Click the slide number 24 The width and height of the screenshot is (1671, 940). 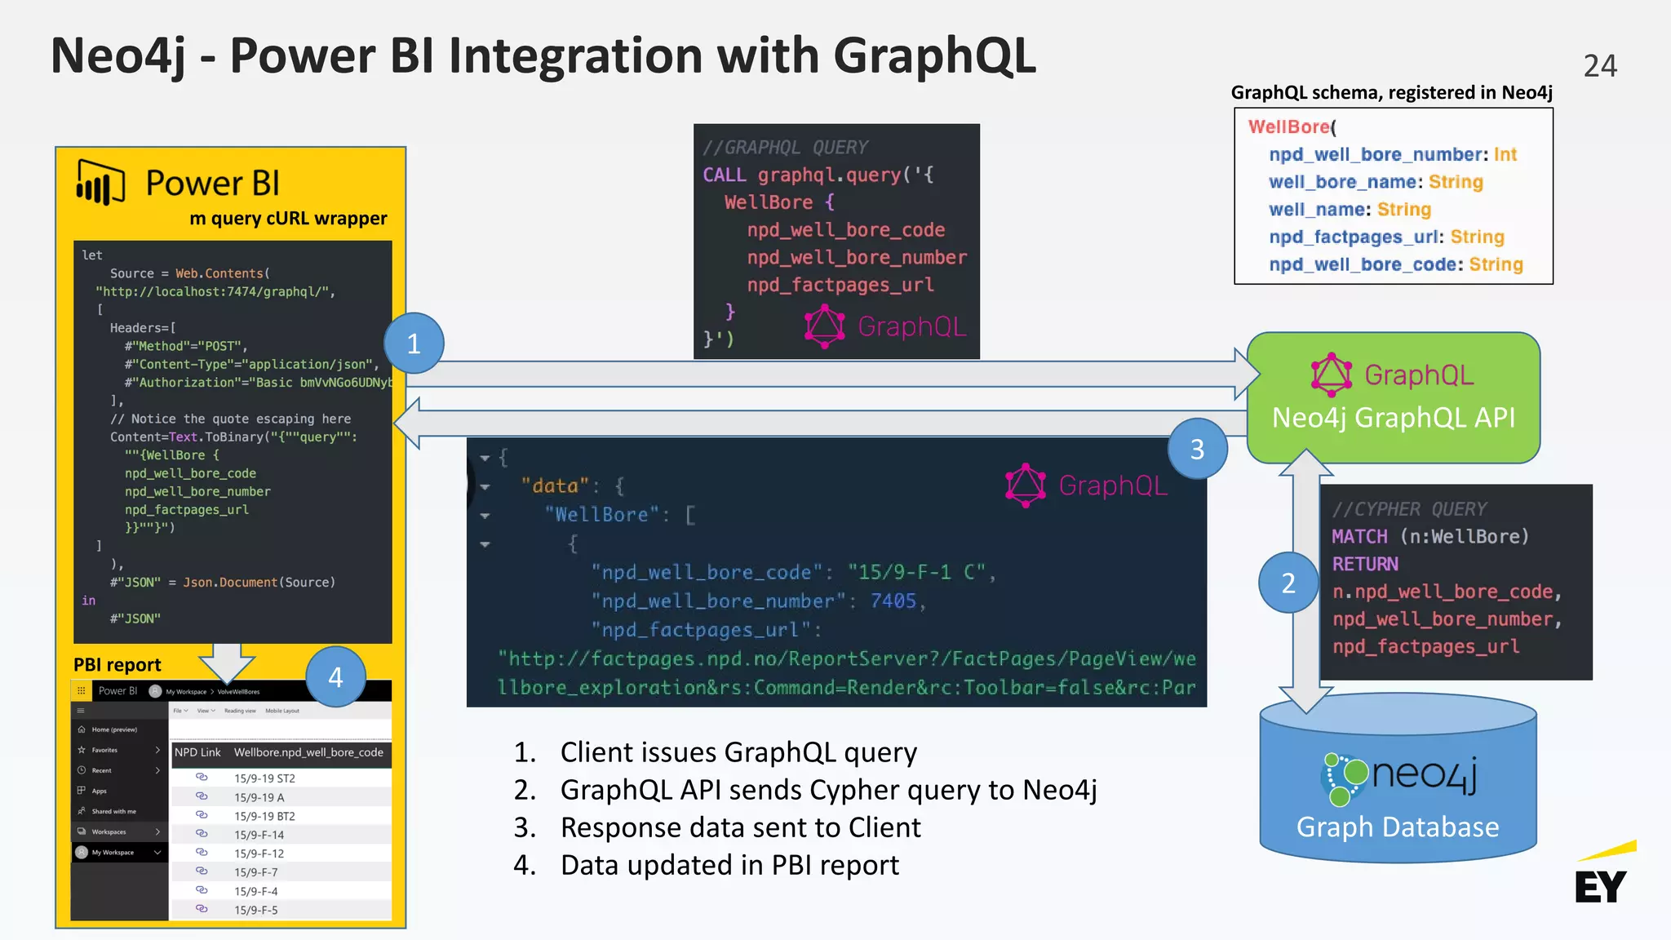click(x=1599, y=66)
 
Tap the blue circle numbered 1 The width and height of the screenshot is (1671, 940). click(x=414, y=344)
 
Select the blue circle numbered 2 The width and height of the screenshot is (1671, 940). click(x=1288, y=583)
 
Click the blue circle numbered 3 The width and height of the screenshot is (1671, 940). click(x=1197, y=449)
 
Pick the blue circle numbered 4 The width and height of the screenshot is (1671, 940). click(x=335, y=677)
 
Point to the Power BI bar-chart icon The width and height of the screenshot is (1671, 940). click(x=100, y=183)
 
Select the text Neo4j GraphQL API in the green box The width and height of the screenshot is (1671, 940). click(x=1393, y=418)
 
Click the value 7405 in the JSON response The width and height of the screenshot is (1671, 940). click(x=893, y=601)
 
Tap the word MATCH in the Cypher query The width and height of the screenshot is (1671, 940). click(x=1359, y=537)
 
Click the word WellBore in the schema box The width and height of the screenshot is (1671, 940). click(x=1289, y=127)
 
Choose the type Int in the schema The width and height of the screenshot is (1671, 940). click(x=1505, y=155)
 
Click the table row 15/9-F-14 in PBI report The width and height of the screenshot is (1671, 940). click(x=259, y=835)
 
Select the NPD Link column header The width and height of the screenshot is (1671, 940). click(x=197, y=752)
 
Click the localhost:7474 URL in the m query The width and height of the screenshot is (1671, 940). click(x=215, y=292)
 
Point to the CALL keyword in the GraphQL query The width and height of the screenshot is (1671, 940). click(x=725, y=175)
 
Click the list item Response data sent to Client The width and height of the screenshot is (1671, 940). click(x=740, y=827)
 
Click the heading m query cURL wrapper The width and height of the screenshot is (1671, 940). click(x=288, y=219)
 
